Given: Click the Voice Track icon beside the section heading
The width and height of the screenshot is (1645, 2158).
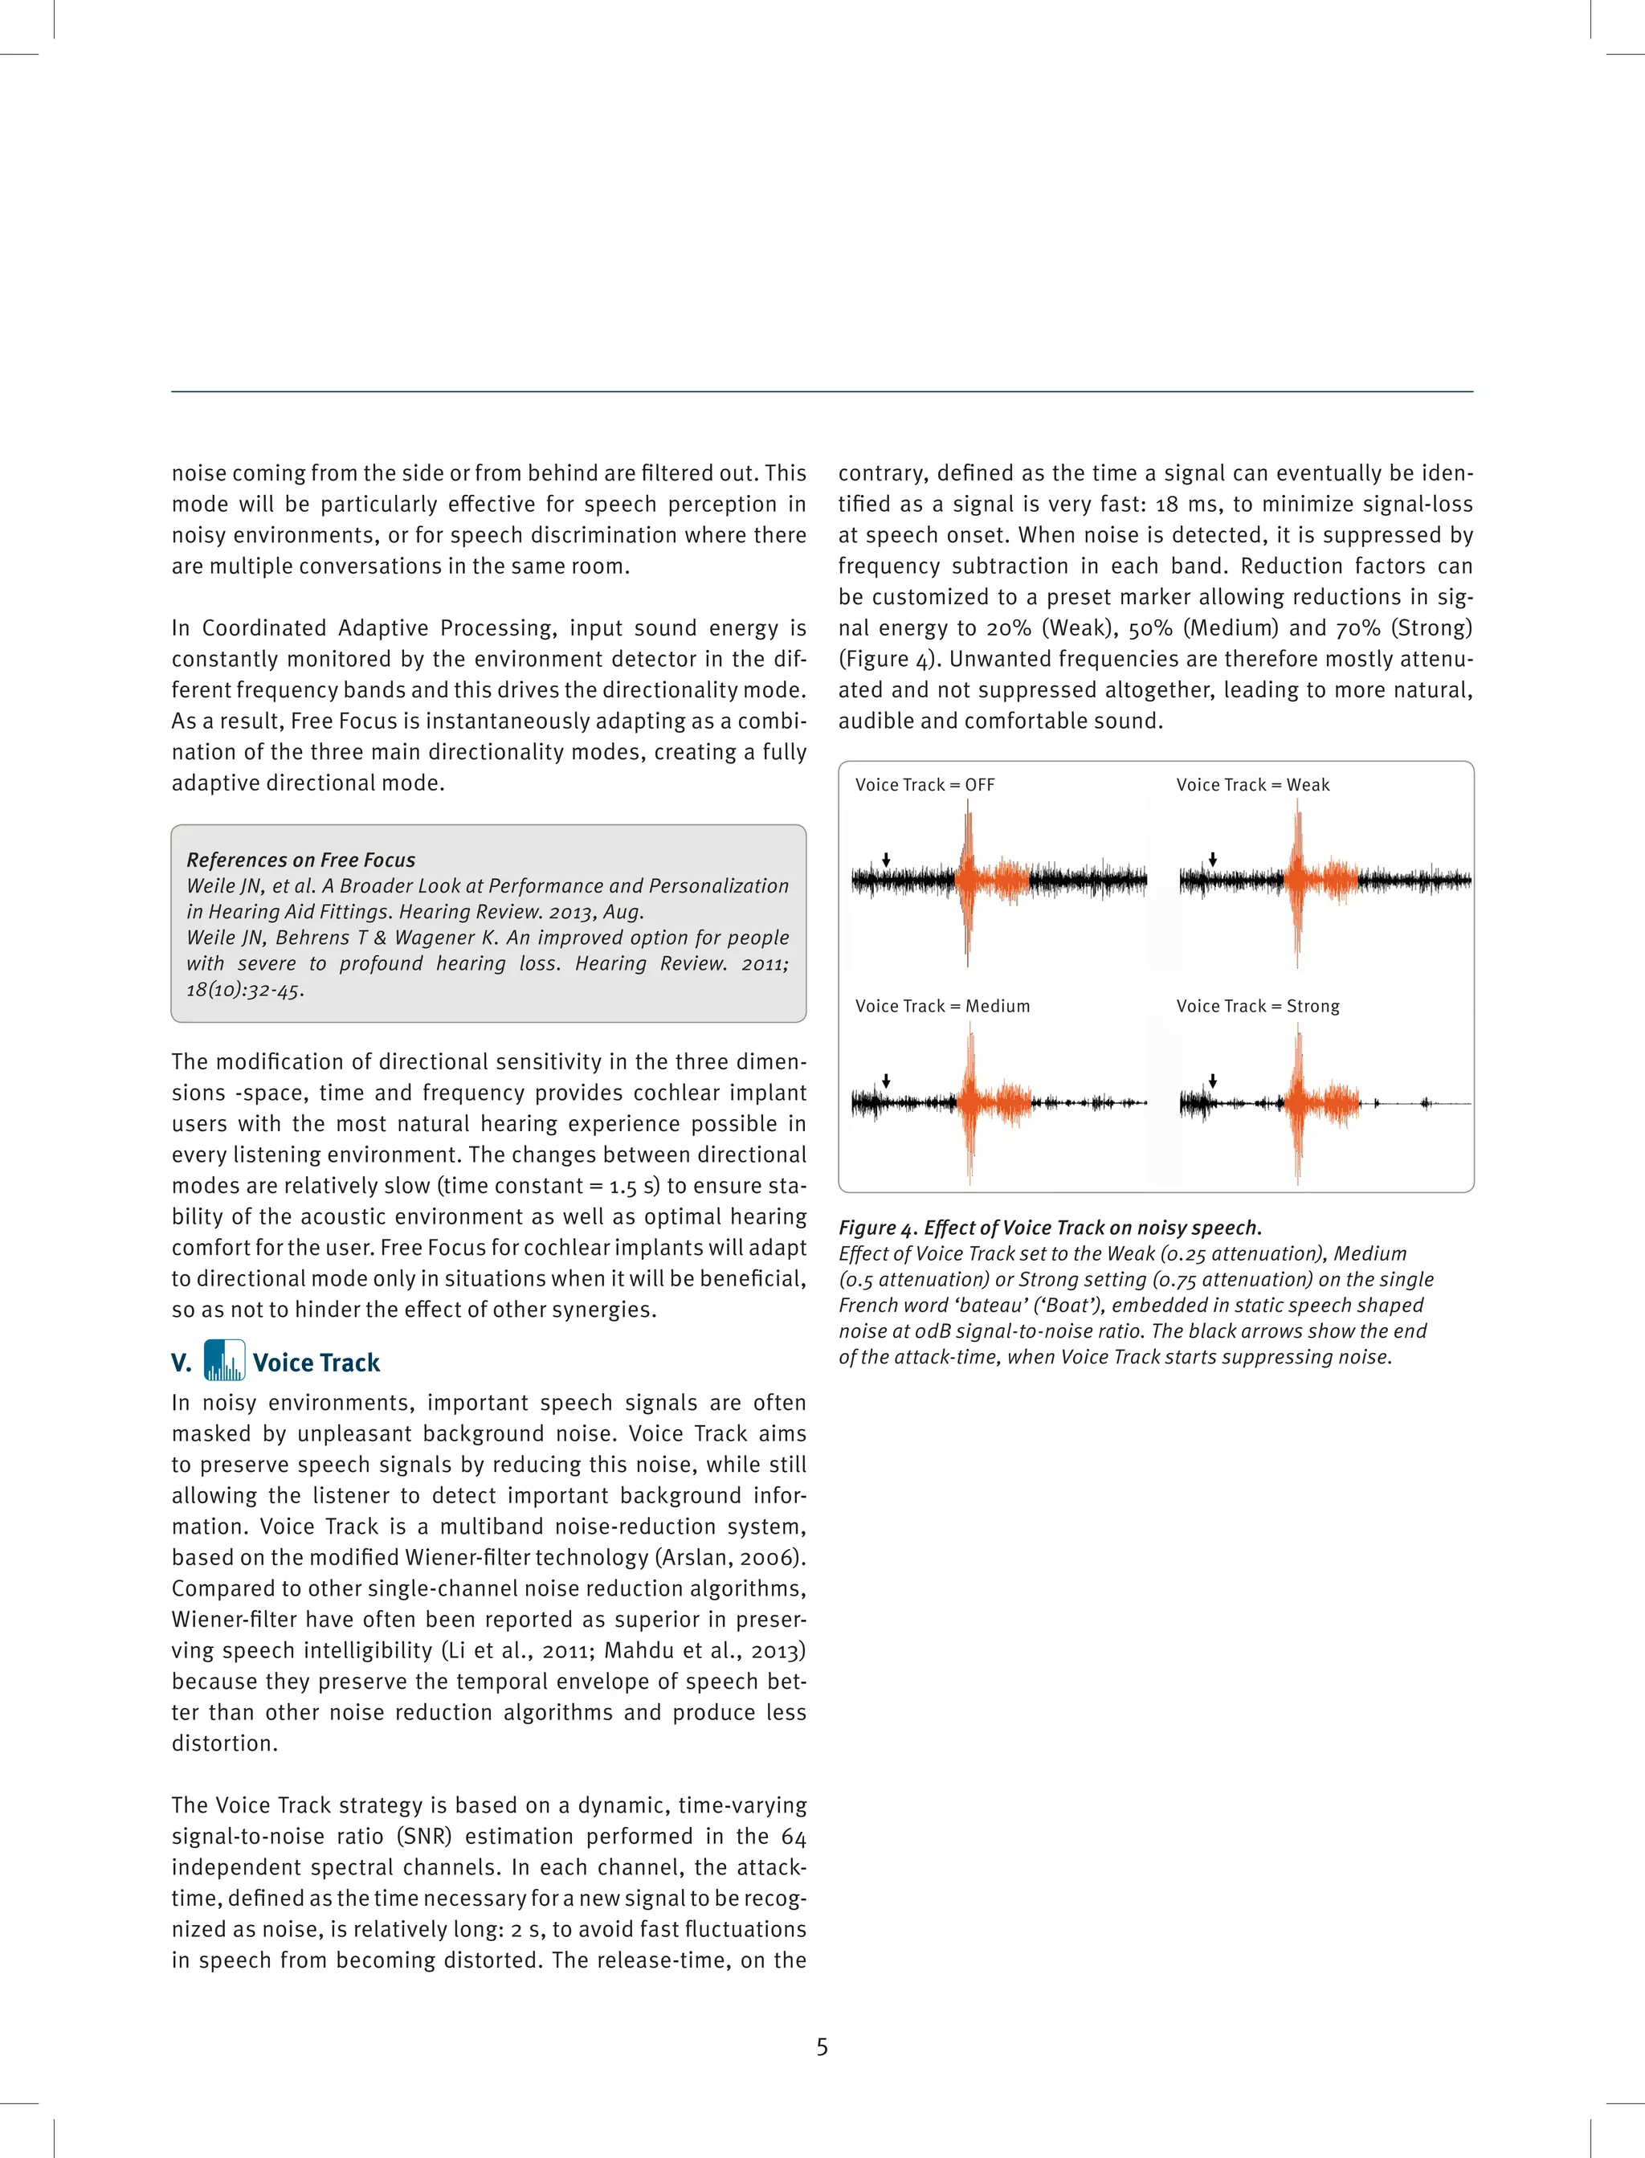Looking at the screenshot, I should point(224,1360).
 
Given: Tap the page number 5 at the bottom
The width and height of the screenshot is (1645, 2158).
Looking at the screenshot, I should point(822,2046).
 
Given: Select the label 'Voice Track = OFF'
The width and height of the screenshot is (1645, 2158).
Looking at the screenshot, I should point(925,784).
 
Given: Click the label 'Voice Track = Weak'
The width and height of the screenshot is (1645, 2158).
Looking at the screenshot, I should point(1252,784).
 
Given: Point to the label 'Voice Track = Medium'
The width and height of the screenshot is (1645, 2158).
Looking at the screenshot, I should point(942,1006).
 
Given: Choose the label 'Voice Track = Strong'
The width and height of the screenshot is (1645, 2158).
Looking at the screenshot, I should point(1257,1006).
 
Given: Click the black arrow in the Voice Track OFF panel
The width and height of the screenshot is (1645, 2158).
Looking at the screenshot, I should point(886,860).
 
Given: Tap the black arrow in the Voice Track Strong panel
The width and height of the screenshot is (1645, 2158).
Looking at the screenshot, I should point(1213,1081).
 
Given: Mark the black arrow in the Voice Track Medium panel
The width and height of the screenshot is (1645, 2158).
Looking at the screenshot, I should point(886,1081).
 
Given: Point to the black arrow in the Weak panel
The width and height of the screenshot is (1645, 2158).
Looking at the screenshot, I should point(1213,860).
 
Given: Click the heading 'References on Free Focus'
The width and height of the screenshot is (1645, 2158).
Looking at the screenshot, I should point(300,860).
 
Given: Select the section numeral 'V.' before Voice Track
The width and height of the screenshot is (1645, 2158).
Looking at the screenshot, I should point(182,1363).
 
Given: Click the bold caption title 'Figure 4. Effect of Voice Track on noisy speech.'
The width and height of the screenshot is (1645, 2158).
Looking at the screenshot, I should point(1050,1228).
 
